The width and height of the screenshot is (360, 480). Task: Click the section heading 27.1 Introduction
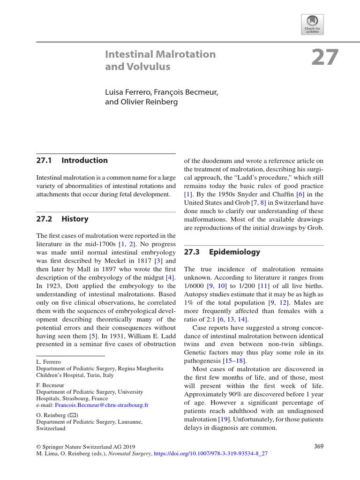coord(72,160)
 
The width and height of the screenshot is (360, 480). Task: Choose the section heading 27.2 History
coord(62,219)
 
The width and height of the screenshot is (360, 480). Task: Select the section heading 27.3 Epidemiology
coord(222,252)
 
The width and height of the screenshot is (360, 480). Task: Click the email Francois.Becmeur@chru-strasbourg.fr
coord(102,404)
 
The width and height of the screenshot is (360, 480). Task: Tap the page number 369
coord(319,446)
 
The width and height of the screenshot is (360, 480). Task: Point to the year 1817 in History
coord(133,261)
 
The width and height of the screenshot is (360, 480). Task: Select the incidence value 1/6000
coord(195,286)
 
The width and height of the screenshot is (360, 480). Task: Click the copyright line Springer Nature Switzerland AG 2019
coord(92,446)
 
